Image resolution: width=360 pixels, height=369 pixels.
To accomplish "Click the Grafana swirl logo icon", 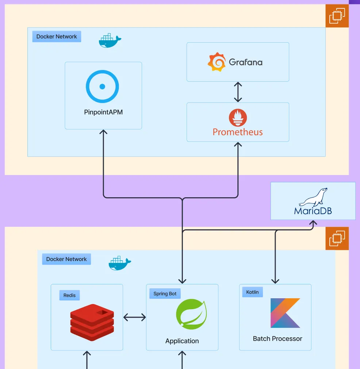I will pos(217,62).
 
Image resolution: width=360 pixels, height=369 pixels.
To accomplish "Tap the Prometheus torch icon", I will pos(238,118).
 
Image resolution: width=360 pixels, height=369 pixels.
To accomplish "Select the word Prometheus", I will pos(238,132).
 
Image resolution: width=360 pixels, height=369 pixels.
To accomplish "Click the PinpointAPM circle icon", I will pos(103,86).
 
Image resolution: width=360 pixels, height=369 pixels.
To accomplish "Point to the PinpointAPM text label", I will pos(103,112).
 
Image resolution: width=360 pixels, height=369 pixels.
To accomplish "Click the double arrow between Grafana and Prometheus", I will pos(238,92).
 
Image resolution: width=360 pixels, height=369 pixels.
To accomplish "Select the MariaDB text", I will pos(313,211).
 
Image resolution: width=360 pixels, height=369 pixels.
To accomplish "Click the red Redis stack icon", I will pos(92,322).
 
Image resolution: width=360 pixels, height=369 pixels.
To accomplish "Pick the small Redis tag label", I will pos(69,295).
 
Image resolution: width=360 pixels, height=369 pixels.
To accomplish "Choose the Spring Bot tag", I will pos(165,294).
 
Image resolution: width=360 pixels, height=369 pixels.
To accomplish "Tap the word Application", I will pos(182,341).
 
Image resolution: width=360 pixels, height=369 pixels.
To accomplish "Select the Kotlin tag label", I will pos(252,292).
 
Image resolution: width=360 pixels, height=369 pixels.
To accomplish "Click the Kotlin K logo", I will pos(285,313).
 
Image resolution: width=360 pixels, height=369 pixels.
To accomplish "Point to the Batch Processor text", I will pos(277,338).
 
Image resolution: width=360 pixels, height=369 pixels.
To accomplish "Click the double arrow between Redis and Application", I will pos(134,317).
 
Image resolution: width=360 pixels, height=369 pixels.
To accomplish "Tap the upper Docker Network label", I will pos(57,36).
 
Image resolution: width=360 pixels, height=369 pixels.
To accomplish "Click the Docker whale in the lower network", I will pos(120,263).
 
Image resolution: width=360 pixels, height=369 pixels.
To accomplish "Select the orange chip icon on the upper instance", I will pos(337,16).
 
